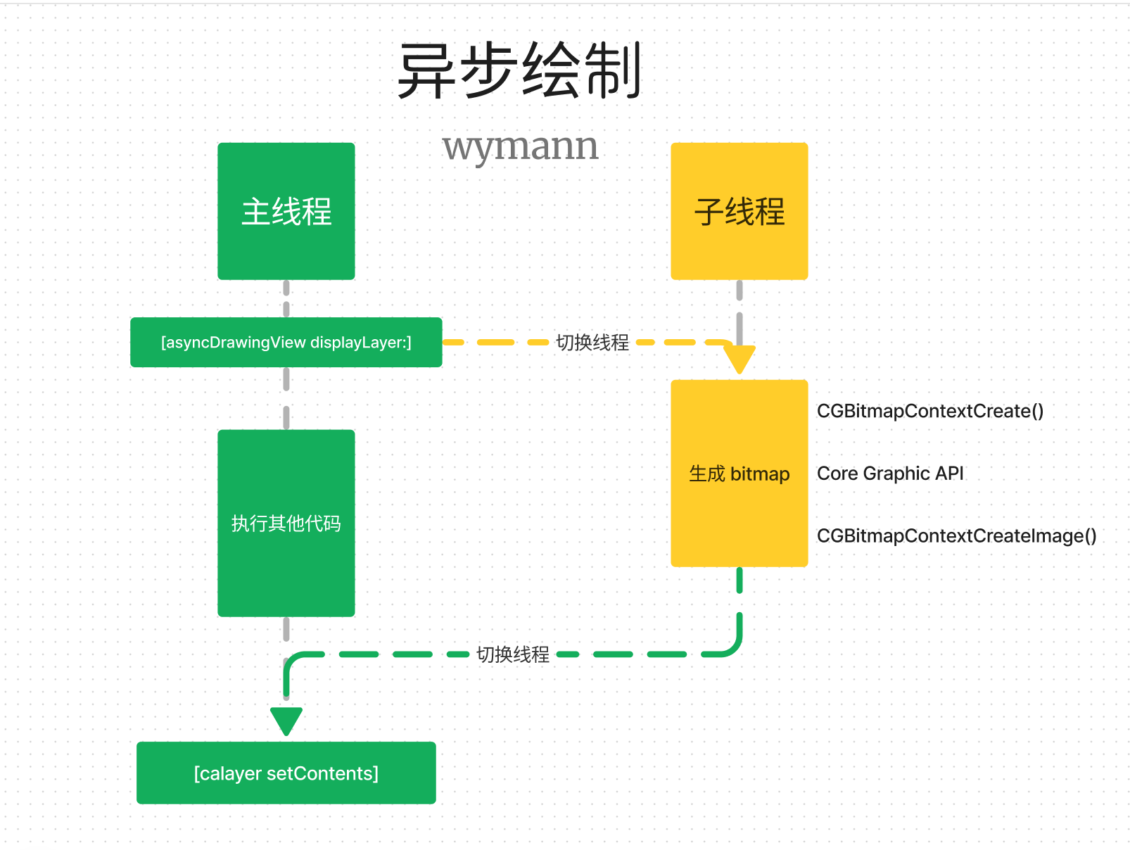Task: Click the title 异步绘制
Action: click(519, 70)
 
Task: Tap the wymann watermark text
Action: click(520, 147)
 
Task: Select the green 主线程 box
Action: click(286, 211)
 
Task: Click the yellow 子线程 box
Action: click(739, 211)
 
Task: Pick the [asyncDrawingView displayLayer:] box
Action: click(286, 343)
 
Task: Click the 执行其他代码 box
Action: click(286, 523)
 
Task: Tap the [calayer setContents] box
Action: click(286, 773)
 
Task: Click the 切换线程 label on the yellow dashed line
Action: click(592, 343)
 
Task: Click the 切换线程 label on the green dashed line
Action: click(513, 654)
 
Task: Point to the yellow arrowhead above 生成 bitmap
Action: click(739, 360)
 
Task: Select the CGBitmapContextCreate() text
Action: click(929, 411)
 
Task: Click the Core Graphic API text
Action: click(890, 474)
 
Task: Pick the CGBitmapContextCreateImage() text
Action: click(956, 536)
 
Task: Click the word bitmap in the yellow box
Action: click(760, 474)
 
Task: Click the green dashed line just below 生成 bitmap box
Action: click(739, 581)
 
